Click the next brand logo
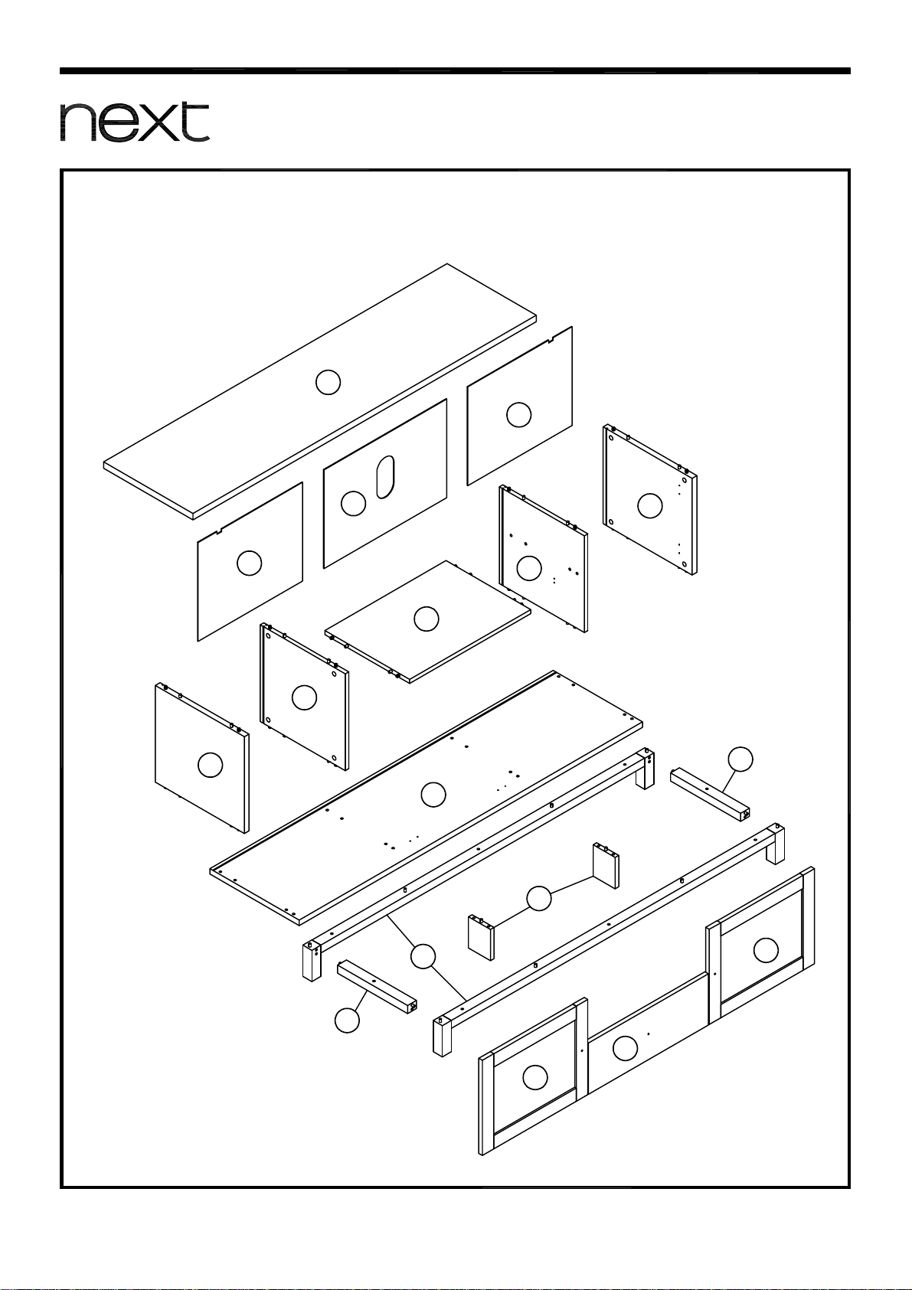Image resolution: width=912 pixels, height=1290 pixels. (x=135, y=122)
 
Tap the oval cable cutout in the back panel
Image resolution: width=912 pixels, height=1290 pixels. (x=385, y=477)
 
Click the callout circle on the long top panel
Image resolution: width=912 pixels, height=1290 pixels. (x=329, y=382)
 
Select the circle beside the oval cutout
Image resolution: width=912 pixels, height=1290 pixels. (x=353, y=504)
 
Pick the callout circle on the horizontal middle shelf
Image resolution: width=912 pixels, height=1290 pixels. (x=427, y=619)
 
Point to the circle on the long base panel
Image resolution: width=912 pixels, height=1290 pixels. (x=433, y=795)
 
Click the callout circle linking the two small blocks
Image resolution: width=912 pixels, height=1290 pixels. (x=539, y=899)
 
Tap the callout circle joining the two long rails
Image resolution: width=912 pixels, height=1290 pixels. (x=423, y=956)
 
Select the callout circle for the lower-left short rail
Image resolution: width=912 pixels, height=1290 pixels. (x=348, y=1021)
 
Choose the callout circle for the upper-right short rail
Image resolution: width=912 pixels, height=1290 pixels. (x=740, y=759)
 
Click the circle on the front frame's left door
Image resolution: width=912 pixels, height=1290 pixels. (x=535, y=1077)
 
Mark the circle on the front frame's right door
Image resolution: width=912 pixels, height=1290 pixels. (x=767, y=950)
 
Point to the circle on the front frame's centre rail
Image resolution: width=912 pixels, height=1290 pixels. (x=625, y=1048)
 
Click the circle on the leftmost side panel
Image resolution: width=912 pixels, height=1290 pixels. (x=211, y=765)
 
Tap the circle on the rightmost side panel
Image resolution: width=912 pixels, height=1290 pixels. (x=650, y=505)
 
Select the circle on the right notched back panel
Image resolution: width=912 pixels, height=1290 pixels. (x=518, y=415)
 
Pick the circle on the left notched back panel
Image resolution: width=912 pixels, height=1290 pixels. (x=250, y=563)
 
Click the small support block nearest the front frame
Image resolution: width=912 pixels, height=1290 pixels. (x=481, y=937)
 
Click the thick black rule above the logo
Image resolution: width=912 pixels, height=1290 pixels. (x=455, y=71)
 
